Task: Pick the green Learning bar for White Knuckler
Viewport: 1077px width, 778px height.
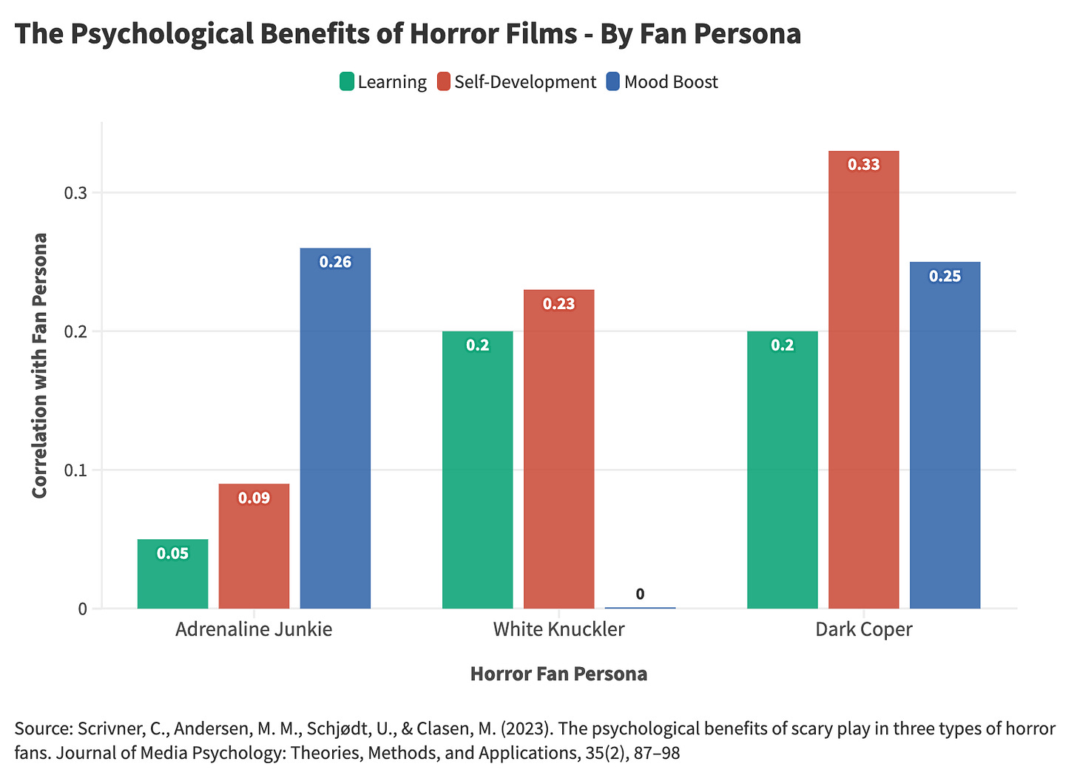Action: coord(477,473)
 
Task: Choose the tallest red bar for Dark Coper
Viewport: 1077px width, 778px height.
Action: coord(863,385)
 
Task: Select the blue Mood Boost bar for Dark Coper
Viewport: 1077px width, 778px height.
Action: coord(945,436)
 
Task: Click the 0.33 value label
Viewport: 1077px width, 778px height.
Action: coord(863,164)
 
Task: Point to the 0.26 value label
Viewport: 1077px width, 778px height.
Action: coord(335,262)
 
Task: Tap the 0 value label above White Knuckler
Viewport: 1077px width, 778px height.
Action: coord(640,594)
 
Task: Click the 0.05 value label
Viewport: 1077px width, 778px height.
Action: coord(172,553)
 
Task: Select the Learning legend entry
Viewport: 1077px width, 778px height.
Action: coord(383,82)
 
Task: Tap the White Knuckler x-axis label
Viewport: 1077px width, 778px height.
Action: coord(558,629)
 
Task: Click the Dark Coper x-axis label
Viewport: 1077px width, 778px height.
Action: coord(863,629)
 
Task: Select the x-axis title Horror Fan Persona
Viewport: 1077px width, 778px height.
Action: coord(558,674)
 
